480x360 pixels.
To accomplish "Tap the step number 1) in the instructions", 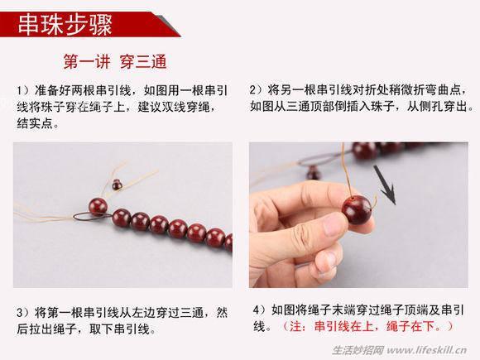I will (x=22, y=89).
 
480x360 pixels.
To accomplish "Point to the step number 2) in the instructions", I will (x=257, y=89).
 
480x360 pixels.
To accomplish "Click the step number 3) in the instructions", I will (x=22, y=313).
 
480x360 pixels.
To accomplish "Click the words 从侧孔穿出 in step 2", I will (x=443, y=106).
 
